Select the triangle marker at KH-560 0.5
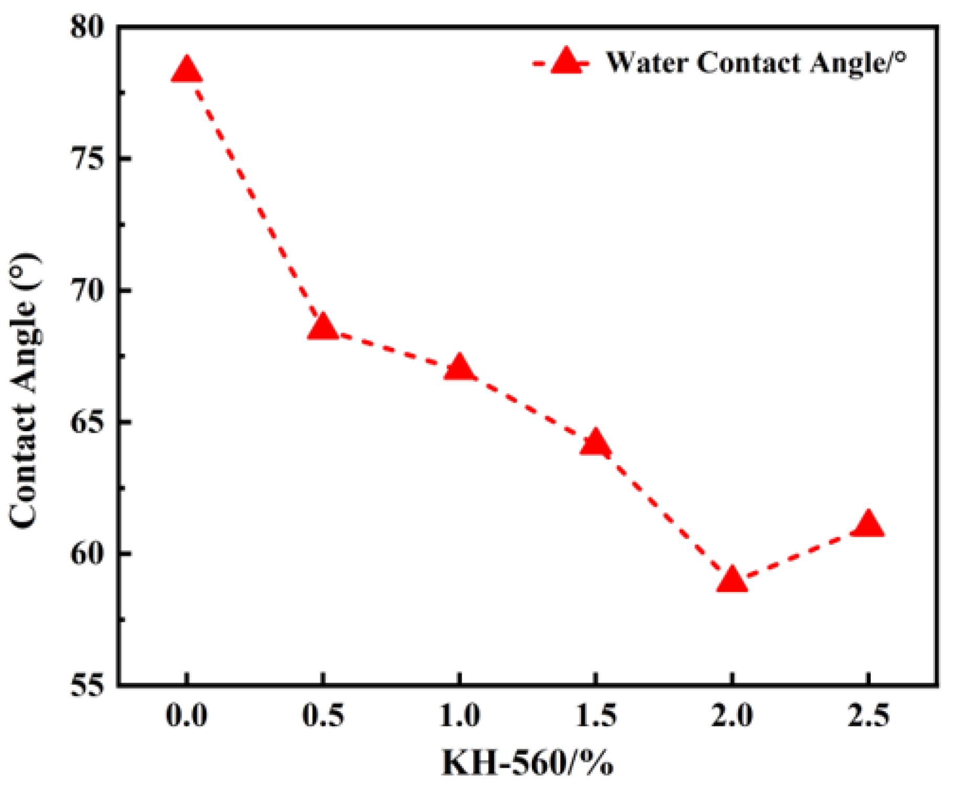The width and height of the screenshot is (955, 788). (x=323, y=329)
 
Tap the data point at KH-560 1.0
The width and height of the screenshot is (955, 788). (x=459, y=368)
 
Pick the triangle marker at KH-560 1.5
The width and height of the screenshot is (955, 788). (x=595, y=444)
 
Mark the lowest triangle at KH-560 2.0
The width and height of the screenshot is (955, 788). (x=731, y=580)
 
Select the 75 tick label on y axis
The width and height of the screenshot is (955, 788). (x=87, y=158)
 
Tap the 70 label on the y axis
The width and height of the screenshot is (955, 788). (x=87, y=290)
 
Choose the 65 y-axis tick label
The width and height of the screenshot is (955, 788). (x=87, y=422)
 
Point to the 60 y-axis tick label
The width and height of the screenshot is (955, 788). (x=87, y=554)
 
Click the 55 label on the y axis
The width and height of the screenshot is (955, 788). (x=87, y=685)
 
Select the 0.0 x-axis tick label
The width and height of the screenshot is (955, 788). (x=186, y=715)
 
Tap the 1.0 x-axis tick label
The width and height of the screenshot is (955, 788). (x=459, y=715)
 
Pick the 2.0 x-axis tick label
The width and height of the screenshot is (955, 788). (x=731, y=715)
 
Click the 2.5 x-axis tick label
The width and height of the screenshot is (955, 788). (x=868, y=715)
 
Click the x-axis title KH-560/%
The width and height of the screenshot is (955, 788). (x=527, y=763)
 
